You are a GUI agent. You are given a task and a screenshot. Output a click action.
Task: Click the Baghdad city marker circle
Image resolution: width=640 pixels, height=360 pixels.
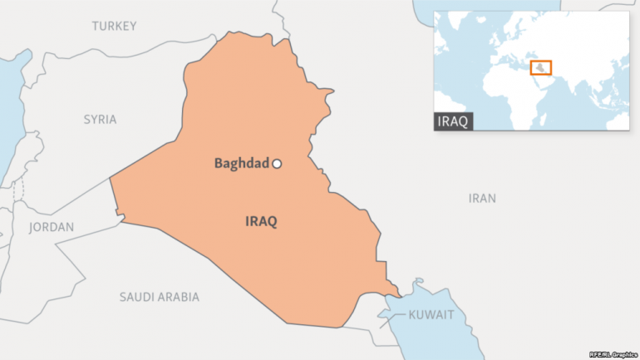(x=278, y=164)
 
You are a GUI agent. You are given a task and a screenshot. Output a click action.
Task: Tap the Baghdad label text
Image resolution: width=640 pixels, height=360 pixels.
(x=241, y=164)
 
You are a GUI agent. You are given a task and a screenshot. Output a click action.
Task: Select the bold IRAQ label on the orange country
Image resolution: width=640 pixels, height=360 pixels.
(x=261, y=222)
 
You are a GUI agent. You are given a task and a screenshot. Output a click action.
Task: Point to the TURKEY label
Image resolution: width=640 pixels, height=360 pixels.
(x=114, y=27)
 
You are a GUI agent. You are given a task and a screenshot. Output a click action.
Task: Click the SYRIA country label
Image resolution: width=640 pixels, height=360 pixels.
(x=100, y=120)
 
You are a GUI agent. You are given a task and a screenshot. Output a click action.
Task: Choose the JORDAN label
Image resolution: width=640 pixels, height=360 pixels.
(x=52, y=227)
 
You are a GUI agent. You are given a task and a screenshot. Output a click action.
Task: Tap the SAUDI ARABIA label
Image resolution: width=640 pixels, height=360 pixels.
(x=159, y=297)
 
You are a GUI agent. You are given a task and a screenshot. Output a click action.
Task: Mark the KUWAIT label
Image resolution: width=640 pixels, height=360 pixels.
(x=431, y=315)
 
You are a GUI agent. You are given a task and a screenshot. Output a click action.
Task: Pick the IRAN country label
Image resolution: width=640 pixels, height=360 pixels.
(x=482, y=199)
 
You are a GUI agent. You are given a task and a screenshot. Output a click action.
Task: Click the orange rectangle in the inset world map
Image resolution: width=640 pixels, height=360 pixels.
(x=540, y=67)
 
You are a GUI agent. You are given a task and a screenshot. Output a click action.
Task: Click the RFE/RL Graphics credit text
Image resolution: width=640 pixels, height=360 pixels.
(x=612, y=354)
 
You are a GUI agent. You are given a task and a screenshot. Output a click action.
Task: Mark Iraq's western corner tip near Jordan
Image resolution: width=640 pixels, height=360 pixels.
(x=111, y=177)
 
